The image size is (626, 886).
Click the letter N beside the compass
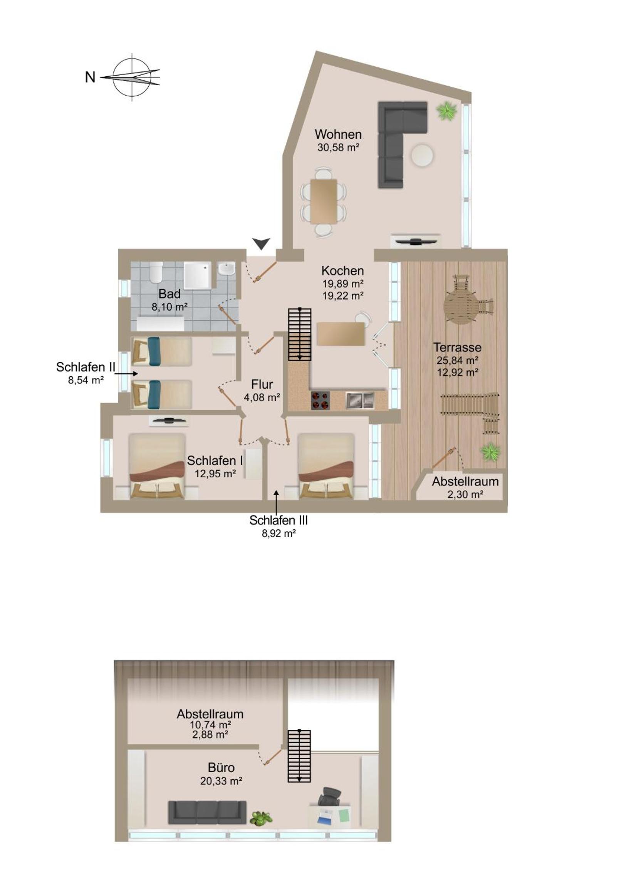(x=90, y=77)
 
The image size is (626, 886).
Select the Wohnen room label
(x=338, y=134)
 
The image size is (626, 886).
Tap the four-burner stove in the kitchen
(x=321, y=400)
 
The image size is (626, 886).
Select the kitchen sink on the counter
(x=360, y=400)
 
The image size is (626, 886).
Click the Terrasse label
(x=457, y=347)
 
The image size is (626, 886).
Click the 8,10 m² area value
(x=170, y=307)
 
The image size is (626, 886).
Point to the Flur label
(x=262, y=384)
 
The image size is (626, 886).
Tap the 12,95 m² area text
(x=215, y=473)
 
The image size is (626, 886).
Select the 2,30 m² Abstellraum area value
(x=465, y=494)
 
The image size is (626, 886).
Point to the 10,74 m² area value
(x=210, y=724)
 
